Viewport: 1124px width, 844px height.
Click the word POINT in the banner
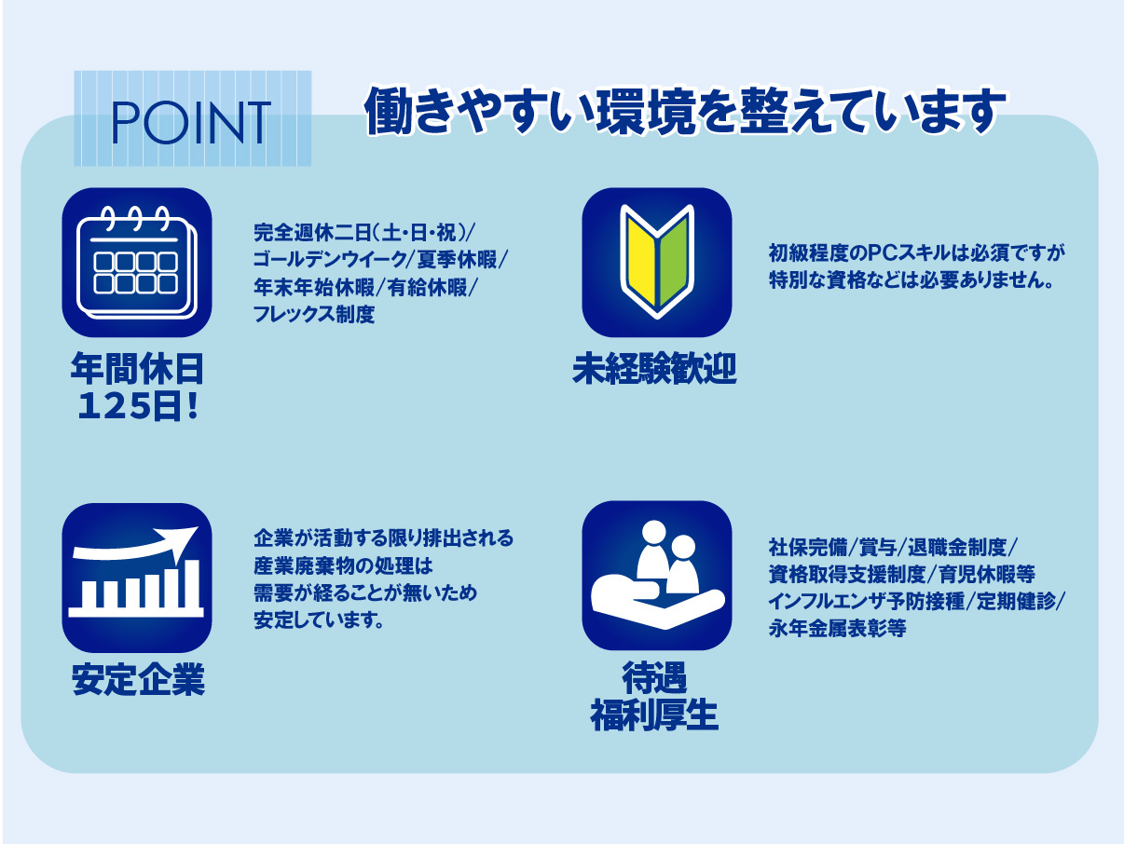tap(191, 122)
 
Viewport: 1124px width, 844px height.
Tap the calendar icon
tap(137, 262)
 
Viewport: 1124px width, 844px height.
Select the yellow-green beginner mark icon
tap(656, 262)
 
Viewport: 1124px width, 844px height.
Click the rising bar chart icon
tap(137, 578)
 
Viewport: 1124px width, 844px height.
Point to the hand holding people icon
tap(656, 576)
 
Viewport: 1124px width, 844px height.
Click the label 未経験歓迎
tap(654, 369)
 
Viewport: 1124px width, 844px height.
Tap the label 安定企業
tap(138, 680)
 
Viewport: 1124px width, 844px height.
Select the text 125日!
tap(137, 407)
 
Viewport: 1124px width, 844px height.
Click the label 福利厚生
tap(654, 716)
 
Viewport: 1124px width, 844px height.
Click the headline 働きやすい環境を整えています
tap(685, 111)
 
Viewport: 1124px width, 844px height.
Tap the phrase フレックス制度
tap(314, 314)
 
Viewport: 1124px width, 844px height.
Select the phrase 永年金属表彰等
tap(837, 628)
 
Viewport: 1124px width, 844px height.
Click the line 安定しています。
tap(319, 619)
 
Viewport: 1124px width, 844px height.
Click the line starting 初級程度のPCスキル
tap(916, 252)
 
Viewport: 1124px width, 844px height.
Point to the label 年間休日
tap(137, 369)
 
